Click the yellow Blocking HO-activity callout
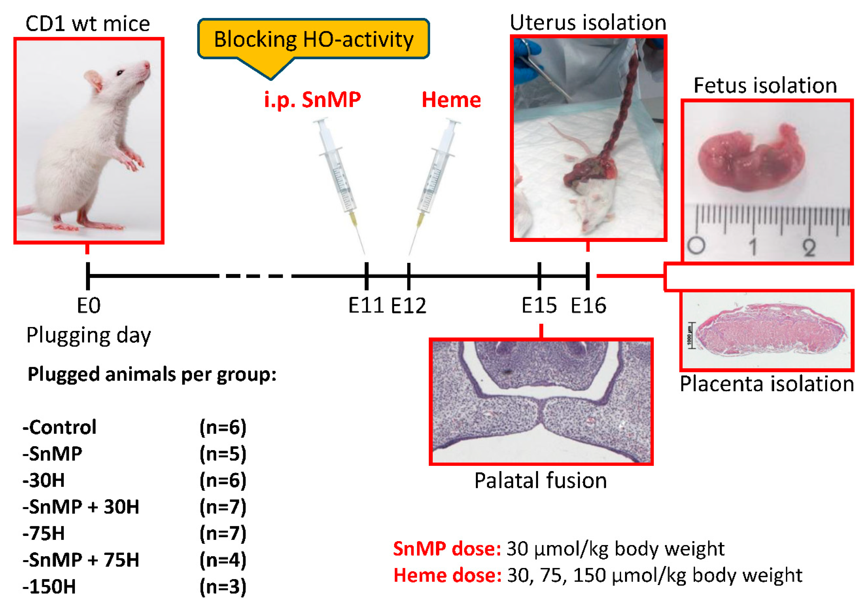[314, 39]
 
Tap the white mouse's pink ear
[94, 81]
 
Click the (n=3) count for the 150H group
[223, 586]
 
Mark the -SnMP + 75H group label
[81, 560]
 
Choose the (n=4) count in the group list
[223, 560]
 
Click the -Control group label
[60, 427]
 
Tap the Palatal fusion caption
[540, 480]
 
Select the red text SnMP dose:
[447, 549]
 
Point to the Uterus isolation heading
[588, 22]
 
